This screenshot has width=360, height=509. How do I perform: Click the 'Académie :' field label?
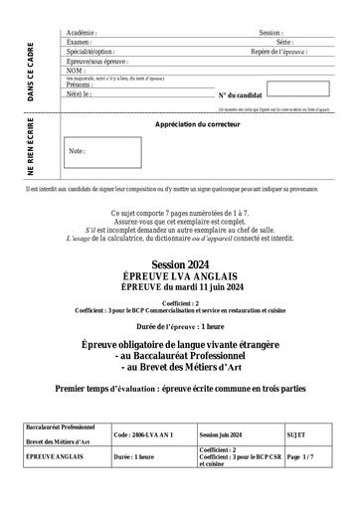tap(82, 33)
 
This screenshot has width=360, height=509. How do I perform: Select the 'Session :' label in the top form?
tap(270, 33)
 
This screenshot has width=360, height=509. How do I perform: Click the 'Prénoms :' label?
tap(81, 85)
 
